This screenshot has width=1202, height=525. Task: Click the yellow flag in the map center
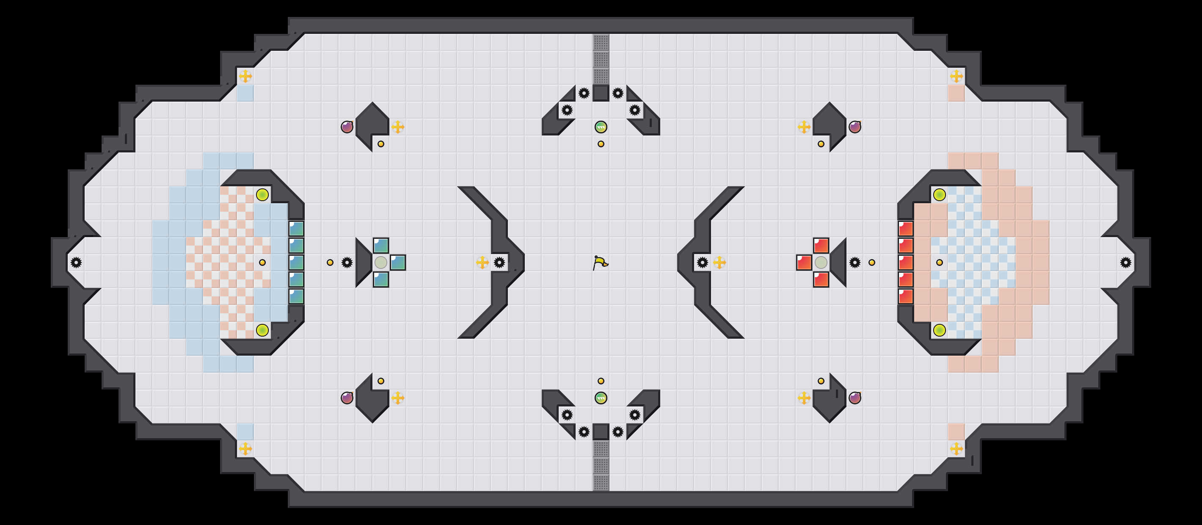(x=601, y=263)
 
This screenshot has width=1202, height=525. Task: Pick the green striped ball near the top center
(x=601, y=127)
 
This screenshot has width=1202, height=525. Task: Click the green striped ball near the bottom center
(x=601, y=398)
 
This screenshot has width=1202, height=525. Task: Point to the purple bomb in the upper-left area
(x=347, y=127)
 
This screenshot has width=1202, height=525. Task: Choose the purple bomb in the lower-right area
(x=855, y=398)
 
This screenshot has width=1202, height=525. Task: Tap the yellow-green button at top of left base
(x=262, y=195)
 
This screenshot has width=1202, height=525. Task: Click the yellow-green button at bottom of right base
(x=939, y=330)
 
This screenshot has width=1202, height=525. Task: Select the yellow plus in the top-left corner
(x=245, y=76)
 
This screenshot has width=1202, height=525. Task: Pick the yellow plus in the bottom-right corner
(x=956, y=449)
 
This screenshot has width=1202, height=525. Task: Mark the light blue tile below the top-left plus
(x=245, y=93)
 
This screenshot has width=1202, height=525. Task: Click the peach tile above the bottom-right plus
(x=956, y=432)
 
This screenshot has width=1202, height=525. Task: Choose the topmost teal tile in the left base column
(x=296, y=229)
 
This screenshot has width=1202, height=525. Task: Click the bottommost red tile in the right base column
(x=905, y=296)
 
